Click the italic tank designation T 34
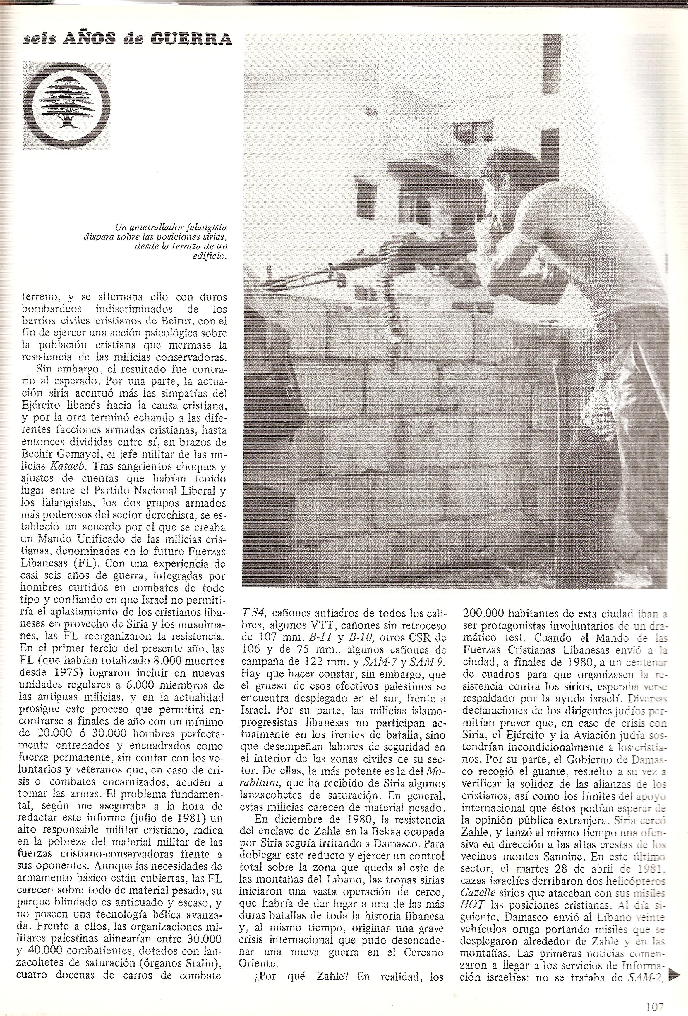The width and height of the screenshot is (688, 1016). pyautogui.click(x=255, y=613)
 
